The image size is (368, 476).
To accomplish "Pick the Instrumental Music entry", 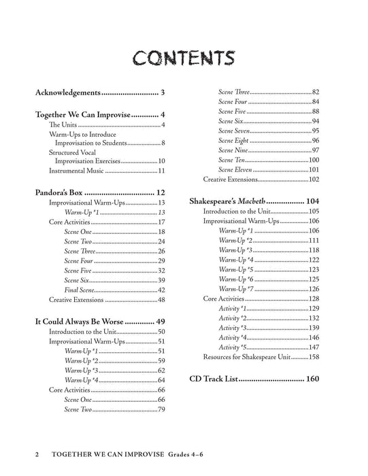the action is point(76,171).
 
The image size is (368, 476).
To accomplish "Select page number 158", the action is point(314,356).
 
